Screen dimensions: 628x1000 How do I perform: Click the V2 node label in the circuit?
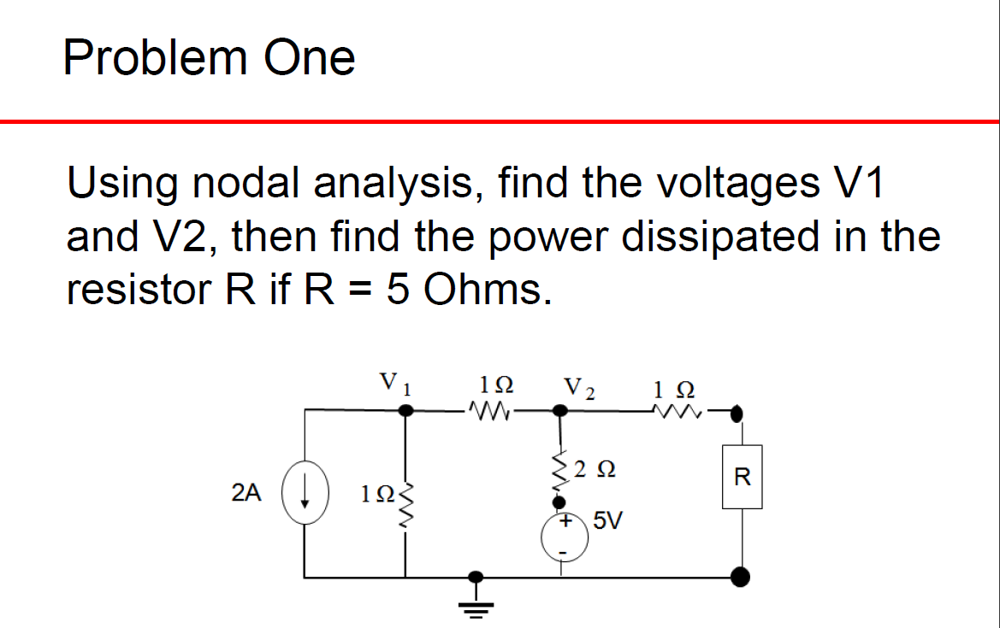pyautogui.click(x=579, y=388)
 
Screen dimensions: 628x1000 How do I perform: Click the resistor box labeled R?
pyautogui.click(x=742, y=477)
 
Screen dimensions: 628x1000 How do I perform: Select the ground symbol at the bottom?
pyautogui.click(x=478, y=603)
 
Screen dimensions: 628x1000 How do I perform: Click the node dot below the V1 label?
pyautogui.click(x=408, y=411)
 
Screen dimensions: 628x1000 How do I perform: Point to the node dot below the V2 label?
pyautogui.click(x=562, y=411)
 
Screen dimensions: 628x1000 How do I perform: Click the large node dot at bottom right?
pyautogui.click(x=741, y=578)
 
